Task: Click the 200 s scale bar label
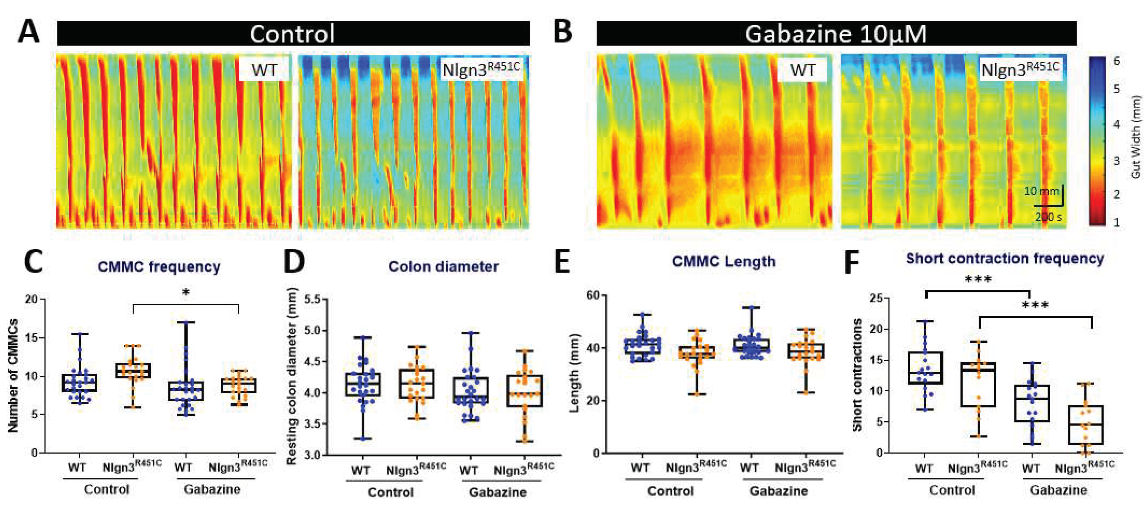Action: coord(1048,217)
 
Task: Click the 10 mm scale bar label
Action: coord(1041,191)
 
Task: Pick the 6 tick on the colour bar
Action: coord(1116,61)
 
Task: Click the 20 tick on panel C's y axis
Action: coord(31,299)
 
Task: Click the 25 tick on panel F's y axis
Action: coord(876,298)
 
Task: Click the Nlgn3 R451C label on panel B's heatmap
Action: coord(1020,68)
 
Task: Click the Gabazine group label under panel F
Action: coord(1058,490)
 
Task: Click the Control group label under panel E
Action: coord(670,491)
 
